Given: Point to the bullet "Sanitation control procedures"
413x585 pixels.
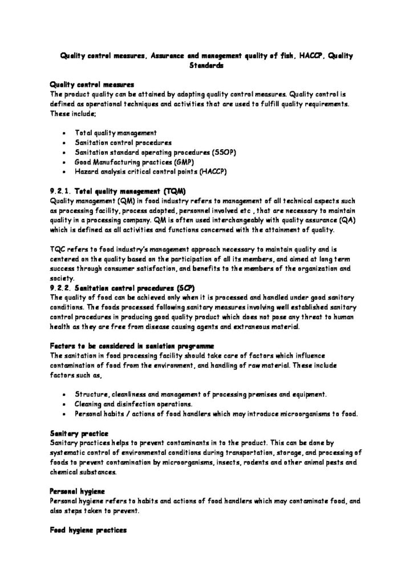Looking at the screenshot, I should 123,142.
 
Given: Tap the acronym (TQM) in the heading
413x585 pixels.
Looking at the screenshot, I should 174,191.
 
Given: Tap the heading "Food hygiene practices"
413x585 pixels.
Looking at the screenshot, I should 88,530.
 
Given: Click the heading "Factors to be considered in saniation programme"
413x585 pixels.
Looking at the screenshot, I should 132,346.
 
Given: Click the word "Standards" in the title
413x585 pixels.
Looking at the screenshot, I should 206,66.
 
